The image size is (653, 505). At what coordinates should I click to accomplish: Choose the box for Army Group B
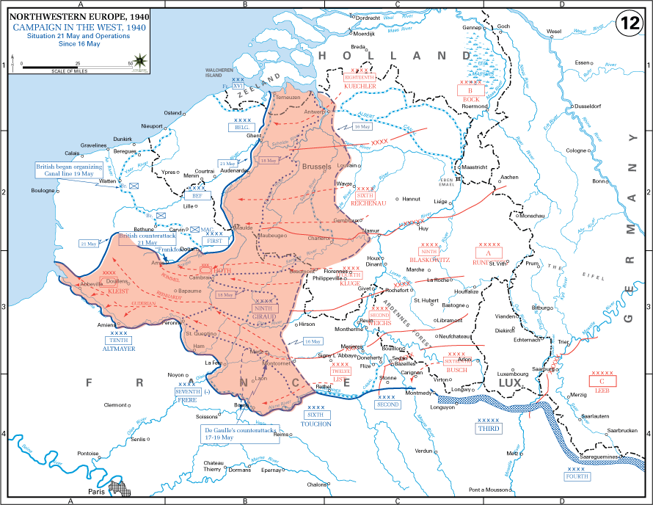point(470,90)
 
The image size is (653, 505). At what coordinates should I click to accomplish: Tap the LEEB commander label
point(602,390)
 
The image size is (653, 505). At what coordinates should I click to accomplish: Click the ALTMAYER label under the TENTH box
point(119,349)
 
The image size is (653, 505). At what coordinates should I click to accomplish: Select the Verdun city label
point(424,451)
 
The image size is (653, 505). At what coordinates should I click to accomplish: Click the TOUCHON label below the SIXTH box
point(315,424)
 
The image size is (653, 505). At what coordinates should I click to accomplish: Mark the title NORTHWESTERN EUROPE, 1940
point(61,15)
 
